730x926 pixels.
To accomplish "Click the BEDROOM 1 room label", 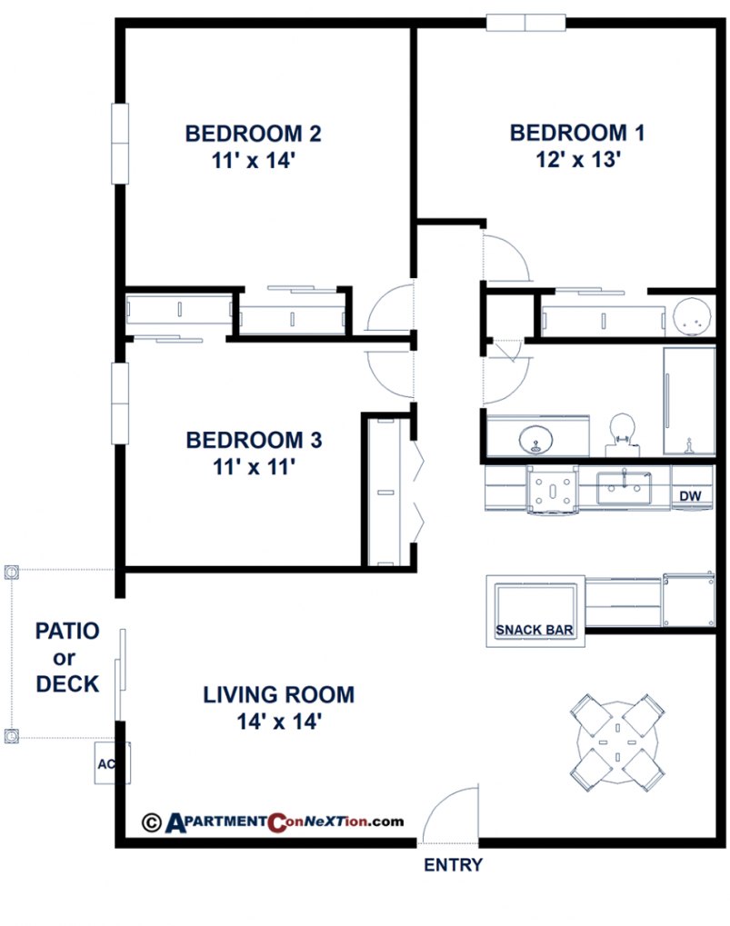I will point(577,134).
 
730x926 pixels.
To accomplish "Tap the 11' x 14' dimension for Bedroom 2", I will point(253,161).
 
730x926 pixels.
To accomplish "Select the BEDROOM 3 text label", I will point(254,441).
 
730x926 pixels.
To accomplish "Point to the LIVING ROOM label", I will point(278,695).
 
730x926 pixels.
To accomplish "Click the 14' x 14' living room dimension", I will point(278,722).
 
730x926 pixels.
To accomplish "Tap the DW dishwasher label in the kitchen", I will point(690,496).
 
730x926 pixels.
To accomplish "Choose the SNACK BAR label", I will point(534,630).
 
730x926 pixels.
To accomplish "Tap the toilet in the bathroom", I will point(621,432).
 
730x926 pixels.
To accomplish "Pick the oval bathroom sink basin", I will point(537,438).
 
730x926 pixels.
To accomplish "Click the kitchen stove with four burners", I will point(553,490).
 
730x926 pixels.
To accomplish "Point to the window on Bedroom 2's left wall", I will point(120,144).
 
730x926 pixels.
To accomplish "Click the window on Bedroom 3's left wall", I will point(120,403).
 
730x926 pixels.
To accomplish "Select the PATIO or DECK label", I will point(67,657).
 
